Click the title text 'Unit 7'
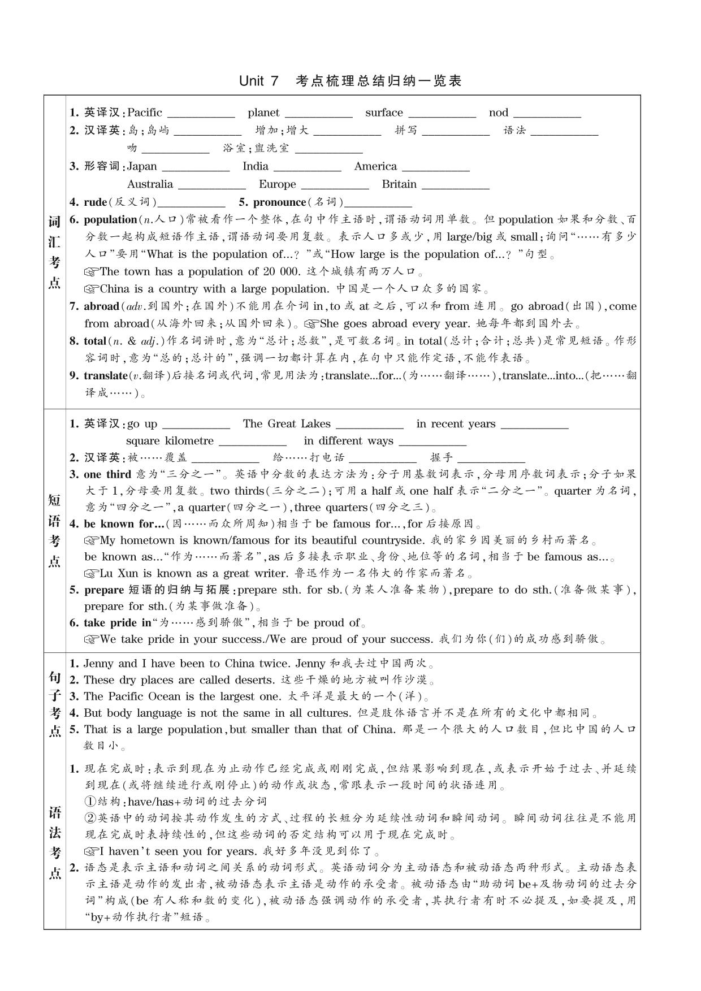(x=259, y=81)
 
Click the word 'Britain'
(x=399, y=184)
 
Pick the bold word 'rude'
(x=95, y=202)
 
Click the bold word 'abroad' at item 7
(x=101, y=306)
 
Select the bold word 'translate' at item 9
(x=106, y=375)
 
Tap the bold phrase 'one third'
(x=107, y=474)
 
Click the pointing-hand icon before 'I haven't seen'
(x=92, y=851)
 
